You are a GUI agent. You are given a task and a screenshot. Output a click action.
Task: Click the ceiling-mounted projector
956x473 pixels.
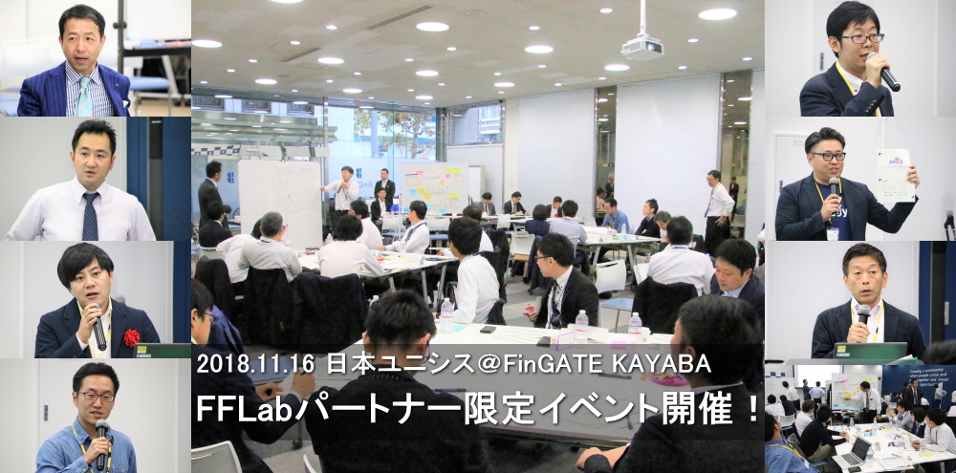642,47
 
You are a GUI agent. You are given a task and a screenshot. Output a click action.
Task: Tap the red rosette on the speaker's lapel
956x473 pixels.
132,337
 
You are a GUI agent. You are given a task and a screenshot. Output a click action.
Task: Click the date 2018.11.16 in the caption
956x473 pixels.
255,364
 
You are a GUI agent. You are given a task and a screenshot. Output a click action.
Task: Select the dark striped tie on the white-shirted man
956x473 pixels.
90,216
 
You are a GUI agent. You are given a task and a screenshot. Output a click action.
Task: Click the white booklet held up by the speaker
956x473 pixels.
896,175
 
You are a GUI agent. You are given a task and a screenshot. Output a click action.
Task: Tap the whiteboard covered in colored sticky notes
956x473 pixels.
435,187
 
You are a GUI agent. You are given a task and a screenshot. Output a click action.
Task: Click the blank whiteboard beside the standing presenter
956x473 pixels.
279,202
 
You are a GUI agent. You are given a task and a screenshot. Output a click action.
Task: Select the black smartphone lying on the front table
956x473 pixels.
488,329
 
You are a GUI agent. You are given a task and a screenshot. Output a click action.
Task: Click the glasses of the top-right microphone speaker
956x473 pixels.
861,38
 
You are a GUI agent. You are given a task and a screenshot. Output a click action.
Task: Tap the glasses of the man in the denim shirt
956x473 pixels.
97,397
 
